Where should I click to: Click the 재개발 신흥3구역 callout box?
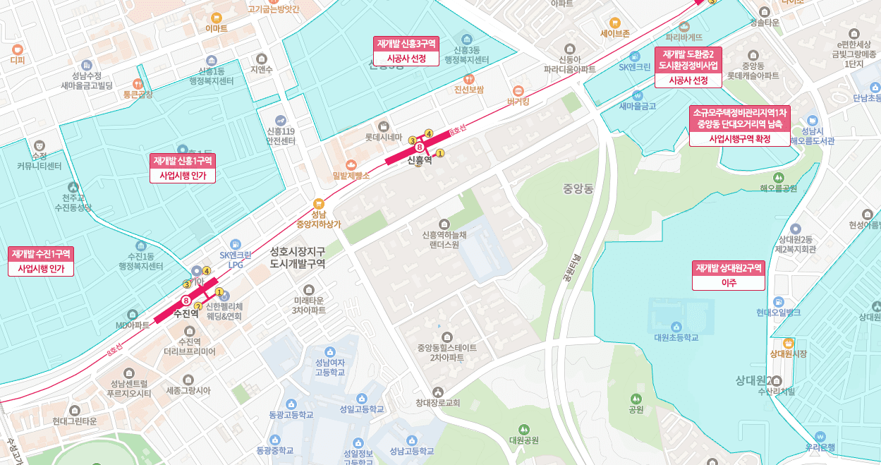[x=406, y=51]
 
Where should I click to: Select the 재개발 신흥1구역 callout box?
[x=183, y=168]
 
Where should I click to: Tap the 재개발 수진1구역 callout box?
[x=41, y=261]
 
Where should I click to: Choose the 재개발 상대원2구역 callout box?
[x=729, y=275]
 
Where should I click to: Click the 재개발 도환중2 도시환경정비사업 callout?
[x=688, y=67]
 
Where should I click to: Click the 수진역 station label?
[x=186, y=313]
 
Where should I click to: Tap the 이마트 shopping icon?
[x=216, y=16]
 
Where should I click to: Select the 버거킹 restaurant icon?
[x=518, y=90]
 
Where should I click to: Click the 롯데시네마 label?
[x=383, y=137]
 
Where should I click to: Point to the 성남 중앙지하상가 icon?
[x=318, y=203]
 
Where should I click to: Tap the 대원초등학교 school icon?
[x=676, y=326]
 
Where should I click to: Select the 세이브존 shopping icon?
[x=614, y=22]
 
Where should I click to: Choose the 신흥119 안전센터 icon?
[x=281, y=119]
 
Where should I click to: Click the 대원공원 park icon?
[x=523, y=428]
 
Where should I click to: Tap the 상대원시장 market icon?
[x=789, y=342]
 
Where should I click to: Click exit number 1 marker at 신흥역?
[x=440, y=152]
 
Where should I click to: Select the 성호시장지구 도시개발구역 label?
[x=297, y=257]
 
